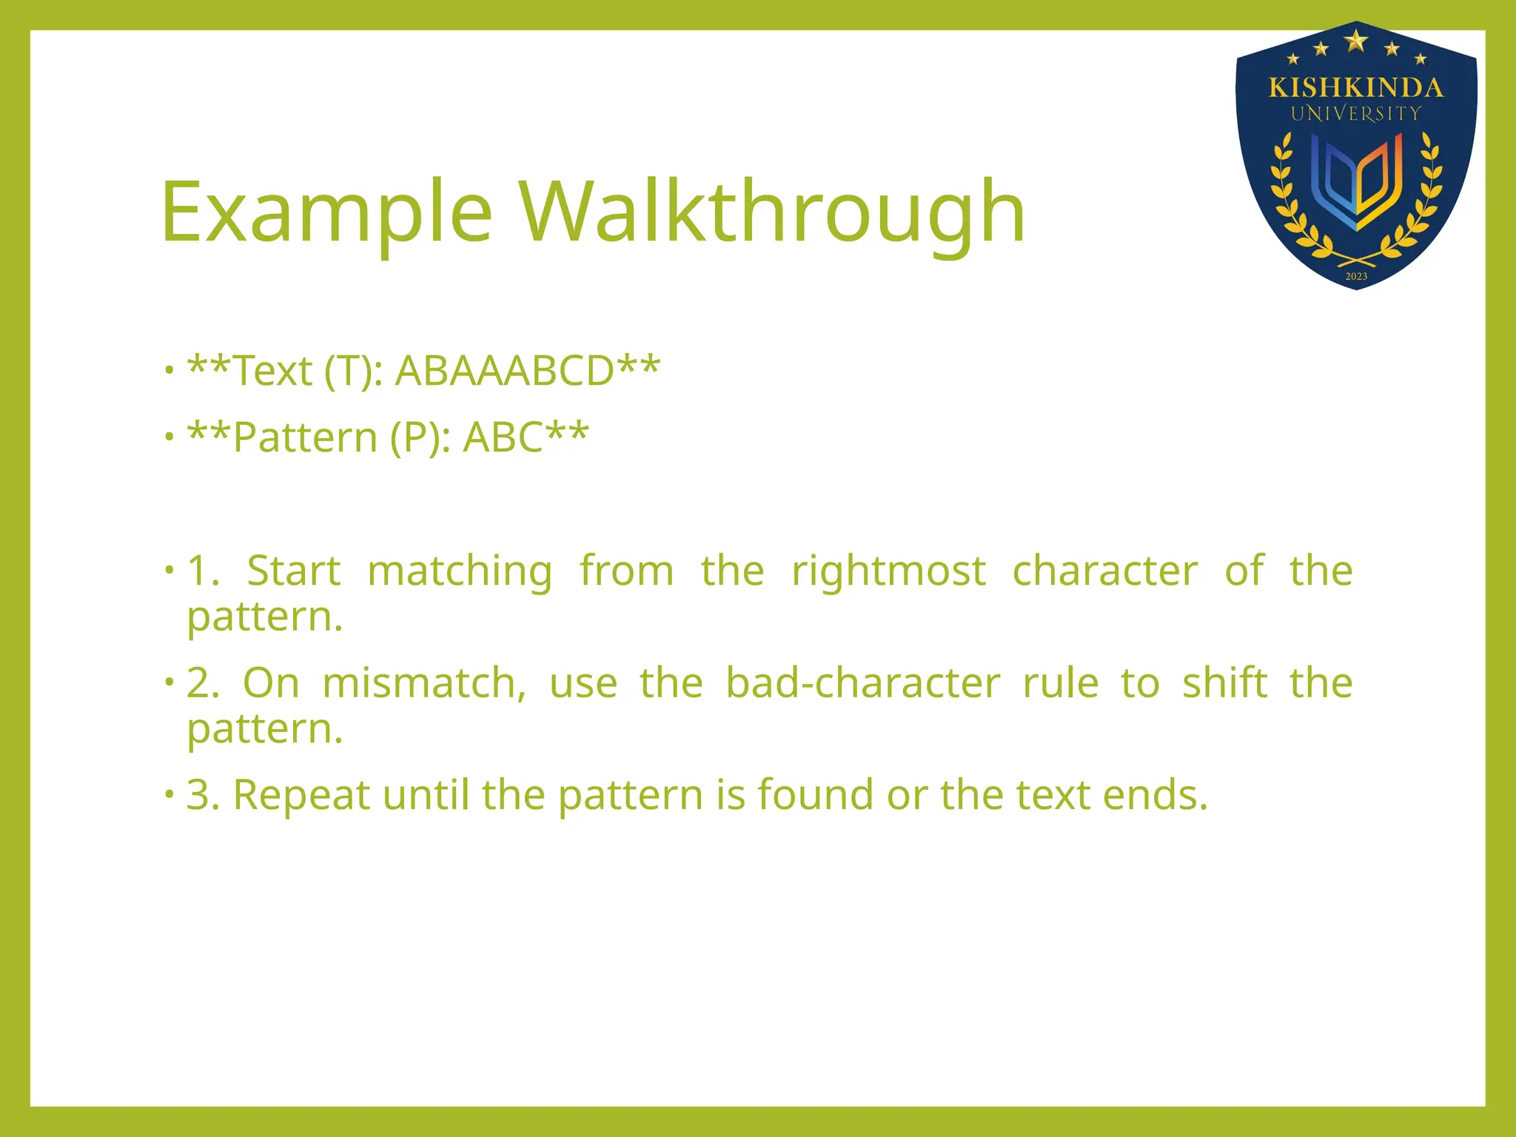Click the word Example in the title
[326, 213]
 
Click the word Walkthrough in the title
[771, 213]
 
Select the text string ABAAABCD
[504, 371]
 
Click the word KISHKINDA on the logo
[1355, 88]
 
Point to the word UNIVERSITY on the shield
[1355, 114]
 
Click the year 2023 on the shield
[1356, 276]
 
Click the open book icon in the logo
[1356, 181]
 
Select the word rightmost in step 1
[888, 571]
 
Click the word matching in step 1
[460, 571]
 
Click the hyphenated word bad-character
[862, 682]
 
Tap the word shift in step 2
[1224, 682]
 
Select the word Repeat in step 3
[301, 795]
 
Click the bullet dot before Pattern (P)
[170, 437]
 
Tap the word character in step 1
[1104, 571]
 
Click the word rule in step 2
[1060, 682]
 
